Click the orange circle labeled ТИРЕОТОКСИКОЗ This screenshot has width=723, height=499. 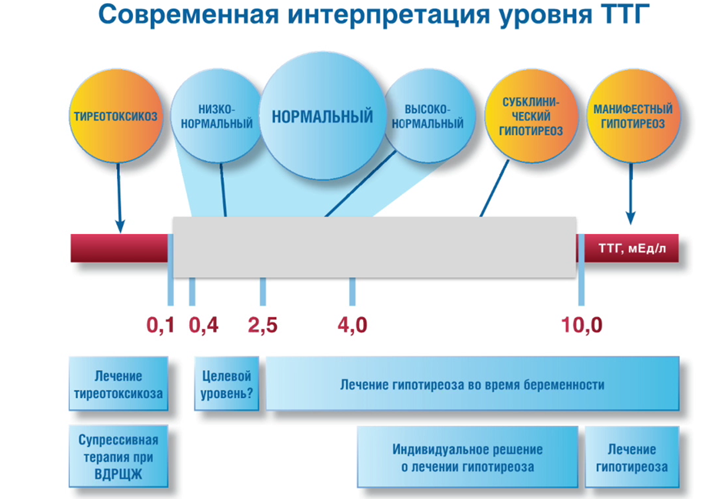pos(115,116)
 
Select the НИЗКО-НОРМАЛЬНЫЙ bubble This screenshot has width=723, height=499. pos(217,116)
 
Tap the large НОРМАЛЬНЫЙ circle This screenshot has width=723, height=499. pos(322,116)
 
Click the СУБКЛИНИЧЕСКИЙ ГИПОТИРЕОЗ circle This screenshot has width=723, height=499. pos(531,116)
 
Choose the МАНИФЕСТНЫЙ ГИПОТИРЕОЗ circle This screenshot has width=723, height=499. pos(633,116)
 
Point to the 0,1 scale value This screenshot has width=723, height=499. pos(161,325)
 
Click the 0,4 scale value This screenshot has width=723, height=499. pos(203,325)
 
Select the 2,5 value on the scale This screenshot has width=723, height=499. pos(262,325)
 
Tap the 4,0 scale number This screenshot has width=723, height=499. pos(352,325)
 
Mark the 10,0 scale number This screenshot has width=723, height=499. pos(581,325)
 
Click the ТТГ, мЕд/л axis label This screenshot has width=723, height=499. pos(632,249)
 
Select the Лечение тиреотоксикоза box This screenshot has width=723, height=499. pos(118,383)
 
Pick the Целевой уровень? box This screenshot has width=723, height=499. pos(226,383)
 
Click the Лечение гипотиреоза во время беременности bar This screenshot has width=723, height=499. pos(472,383)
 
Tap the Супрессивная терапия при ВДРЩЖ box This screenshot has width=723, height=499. pos(118,457)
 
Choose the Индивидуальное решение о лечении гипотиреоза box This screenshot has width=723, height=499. pos(468,457)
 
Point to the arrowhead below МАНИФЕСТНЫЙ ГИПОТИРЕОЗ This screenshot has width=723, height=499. pos(631,218)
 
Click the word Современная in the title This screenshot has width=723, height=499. pos(188,15)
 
